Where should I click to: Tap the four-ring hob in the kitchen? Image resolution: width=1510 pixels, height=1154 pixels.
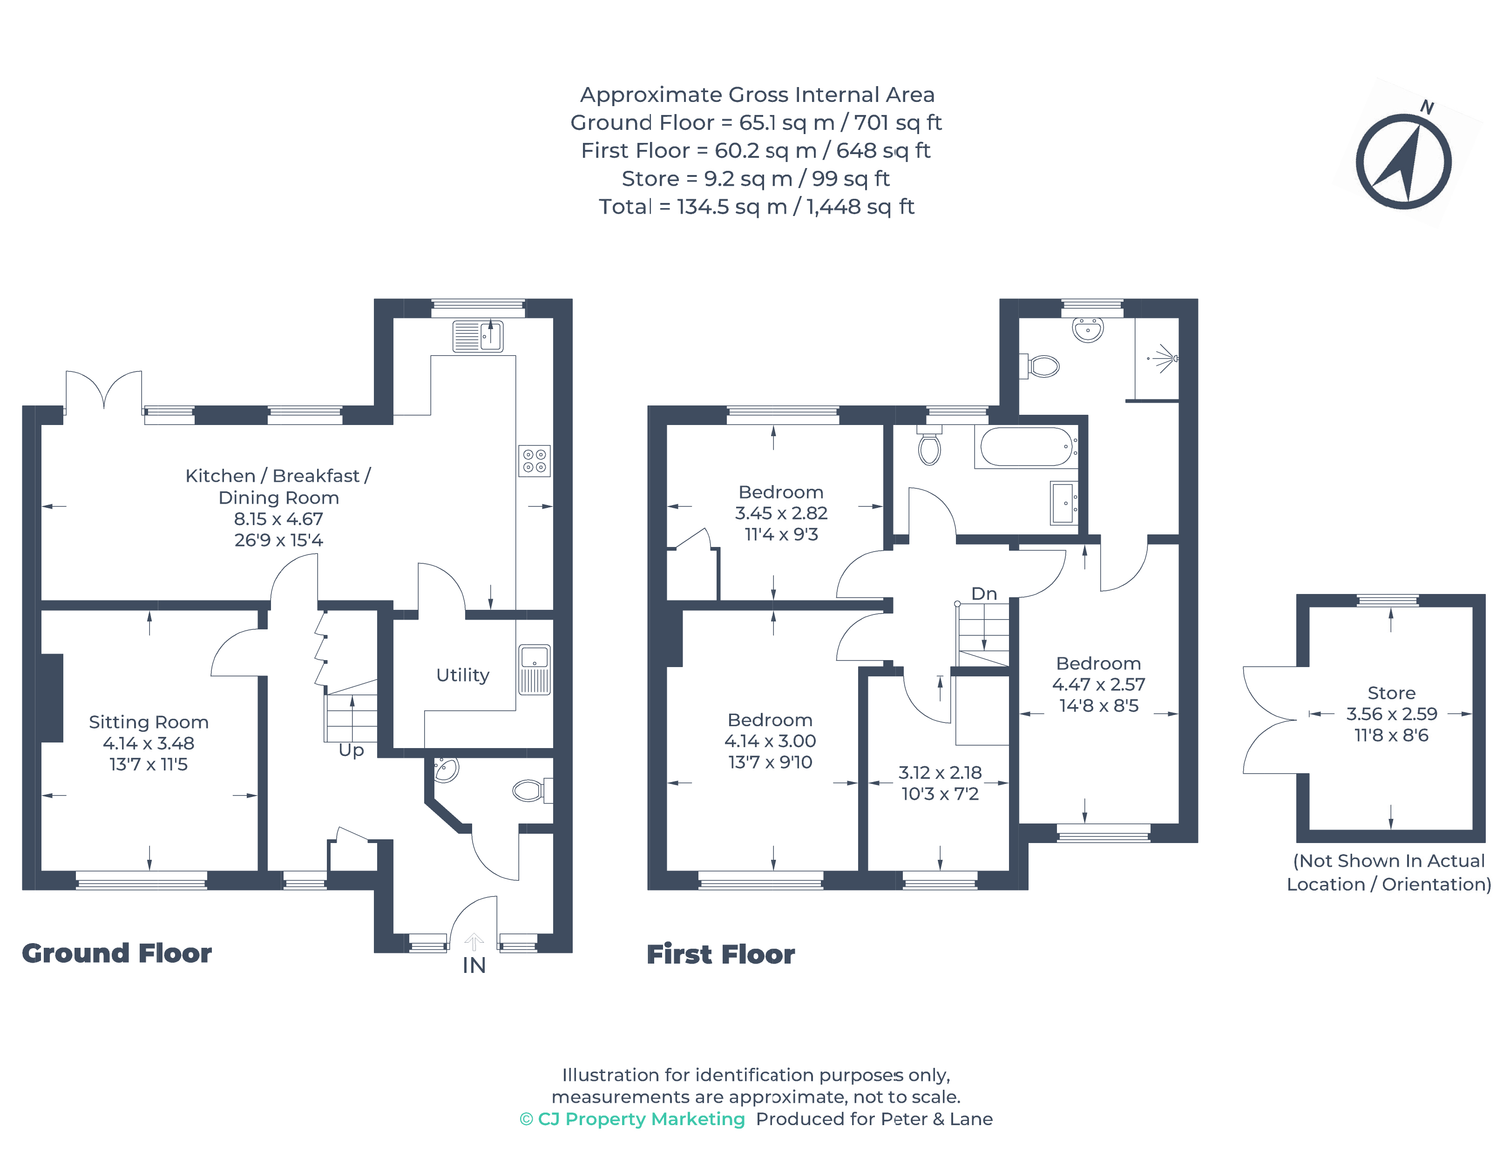(x=534, y=461)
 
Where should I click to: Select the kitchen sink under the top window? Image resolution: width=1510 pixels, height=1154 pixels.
(x=477, y=336)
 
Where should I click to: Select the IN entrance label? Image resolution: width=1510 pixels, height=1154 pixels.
(x=474, y=965)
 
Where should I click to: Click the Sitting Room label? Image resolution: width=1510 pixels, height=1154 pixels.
(x=149, y=722)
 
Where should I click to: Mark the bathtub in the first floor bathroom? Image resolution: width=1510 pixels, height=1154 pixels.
(x=1026, y=447)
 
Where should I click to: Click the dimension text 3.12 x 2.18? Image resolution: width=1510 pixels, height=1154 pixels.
(x=939, y=773)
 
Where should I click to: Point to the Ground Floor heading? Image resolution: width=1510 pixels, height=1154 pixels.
(x=117, y=953)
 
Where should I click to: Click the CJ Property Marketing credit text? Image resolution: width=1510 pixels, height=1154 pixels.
(x=632, y=1119)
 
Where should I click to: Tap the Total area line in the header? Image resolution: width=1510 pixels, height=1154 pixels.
(x=756, y=207)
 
